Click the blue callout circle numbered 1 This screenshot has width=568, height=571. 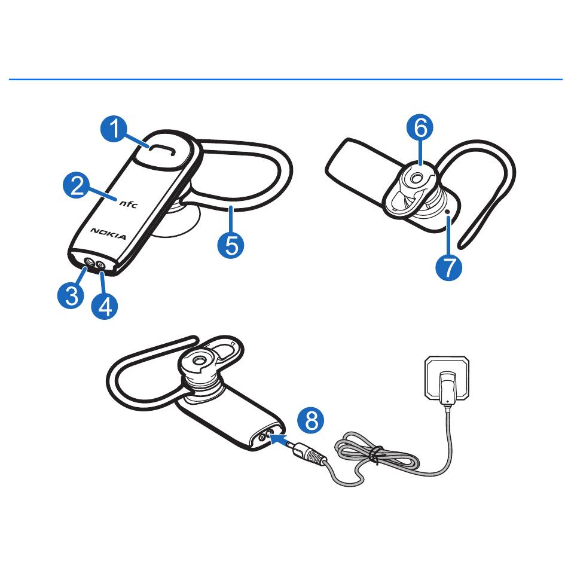(114, 129)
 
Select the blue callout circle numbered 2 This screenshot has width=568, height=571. (77, 185)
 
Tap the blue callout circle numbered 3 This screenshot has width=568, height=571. (71, 295)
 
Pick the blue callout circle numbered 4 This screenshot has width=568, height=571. (105, 306)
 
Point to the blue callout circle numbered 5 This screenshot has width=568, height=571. (231, 245)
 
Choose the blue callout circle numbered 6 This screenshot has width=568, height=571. (420, 128)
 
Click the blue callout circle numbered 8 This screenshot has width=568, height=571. (310, 420)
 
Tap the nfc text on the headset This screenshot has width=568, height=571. (129, 203)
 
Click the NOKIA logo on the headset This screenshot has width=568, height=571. (108, 234)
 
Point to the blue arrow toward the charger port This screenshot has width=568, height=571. (278, 438)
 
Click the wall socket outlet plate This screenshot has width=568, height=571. (447, 377)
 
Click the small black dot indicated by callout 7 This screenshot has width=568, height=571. (447, 211)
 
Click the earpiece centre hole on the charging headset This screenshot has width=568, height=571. (199, 361)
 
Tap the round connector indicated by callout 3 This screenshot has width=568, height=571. (89, 262)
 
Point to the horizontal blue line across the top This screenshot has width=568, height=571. (285, 79)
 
